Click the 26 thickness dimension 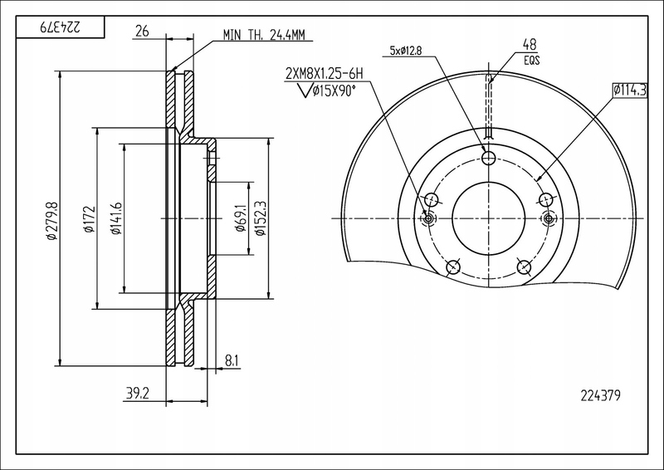tap(141, 32)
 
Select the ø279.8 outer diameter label tap(51, 220)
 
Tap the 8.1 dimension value tap(232, 360)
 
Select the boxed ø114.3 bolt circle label tap(630, 89)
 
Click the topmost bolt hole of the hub tap(488, 158)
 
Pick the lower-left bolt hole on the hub tap(452, 267)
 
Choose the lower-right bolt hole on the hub tap(524, 267)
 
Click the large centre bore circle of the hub tap(488, 218)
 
